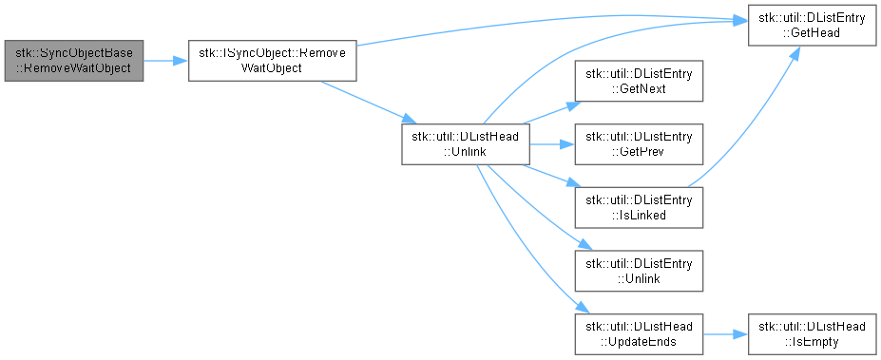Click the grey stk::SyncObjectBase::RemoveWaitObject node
point(73,61)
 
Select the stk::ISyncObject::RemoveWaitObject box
point(273,61)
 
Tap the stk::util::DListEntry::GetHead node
point(812,26)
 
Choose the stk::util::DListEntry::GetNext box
point(639,81)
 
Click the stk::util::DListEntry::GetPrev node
point(639,144)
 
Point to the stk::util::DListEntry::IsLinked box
point(639,207)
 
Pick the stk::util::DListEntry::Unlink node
point(639,271)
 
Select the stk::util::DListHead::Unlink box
point(466,144)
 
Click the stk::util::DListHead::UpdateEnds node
point(639,334)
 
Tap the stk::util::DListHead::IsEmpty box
point(812,334)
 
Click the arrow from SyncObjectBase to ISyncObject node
point(165,61)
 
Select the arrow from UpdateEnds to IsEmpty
point(725,334)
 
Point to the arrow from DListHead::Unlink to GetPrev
point(552,144)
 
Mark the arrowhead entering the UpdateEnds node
point(584,309)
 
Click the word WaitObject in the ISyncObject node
point(272,68)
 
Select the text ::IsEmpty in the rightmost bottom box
point(812,341)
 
